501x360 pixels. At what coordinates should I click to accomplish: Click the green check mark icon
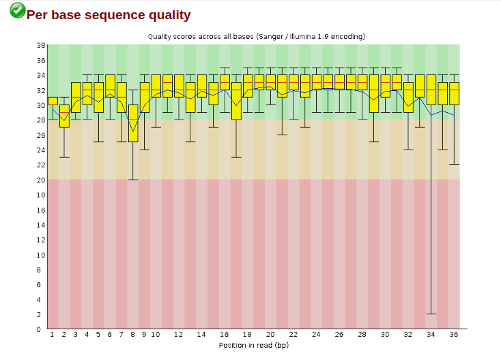coord(18,10)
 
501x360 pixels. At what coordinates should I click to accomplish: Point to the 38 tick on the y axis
coord(41,45)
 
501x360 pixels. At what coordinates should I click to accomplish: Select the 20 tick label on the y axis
coord(41,180)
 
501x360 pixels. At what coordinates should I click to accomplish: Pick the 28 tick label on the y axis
coord(41,120)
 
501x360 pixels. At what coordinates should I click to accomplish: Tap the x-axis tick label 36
coord(454,335)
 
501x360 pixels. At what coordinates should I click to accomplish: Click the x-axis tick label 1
coord(53,335)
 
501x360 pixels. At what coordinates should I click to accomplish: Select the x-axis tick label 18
coord(247,335)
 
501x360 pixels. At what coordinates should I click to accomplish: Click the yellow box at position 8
coord(133,123)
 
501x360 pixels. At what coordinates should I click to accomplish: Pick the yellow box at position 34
coord(431,89)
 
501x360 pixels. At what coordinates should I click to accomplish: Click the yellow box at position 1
coord(53,101)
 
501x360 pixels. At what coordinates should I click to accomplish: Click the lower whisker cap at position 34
coord(431,314)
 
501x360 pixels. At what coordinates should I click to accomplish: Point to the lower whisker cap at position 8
coord(133,180)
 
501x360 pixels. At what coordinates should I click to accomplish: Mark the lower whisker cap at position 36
coord(454,164)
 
